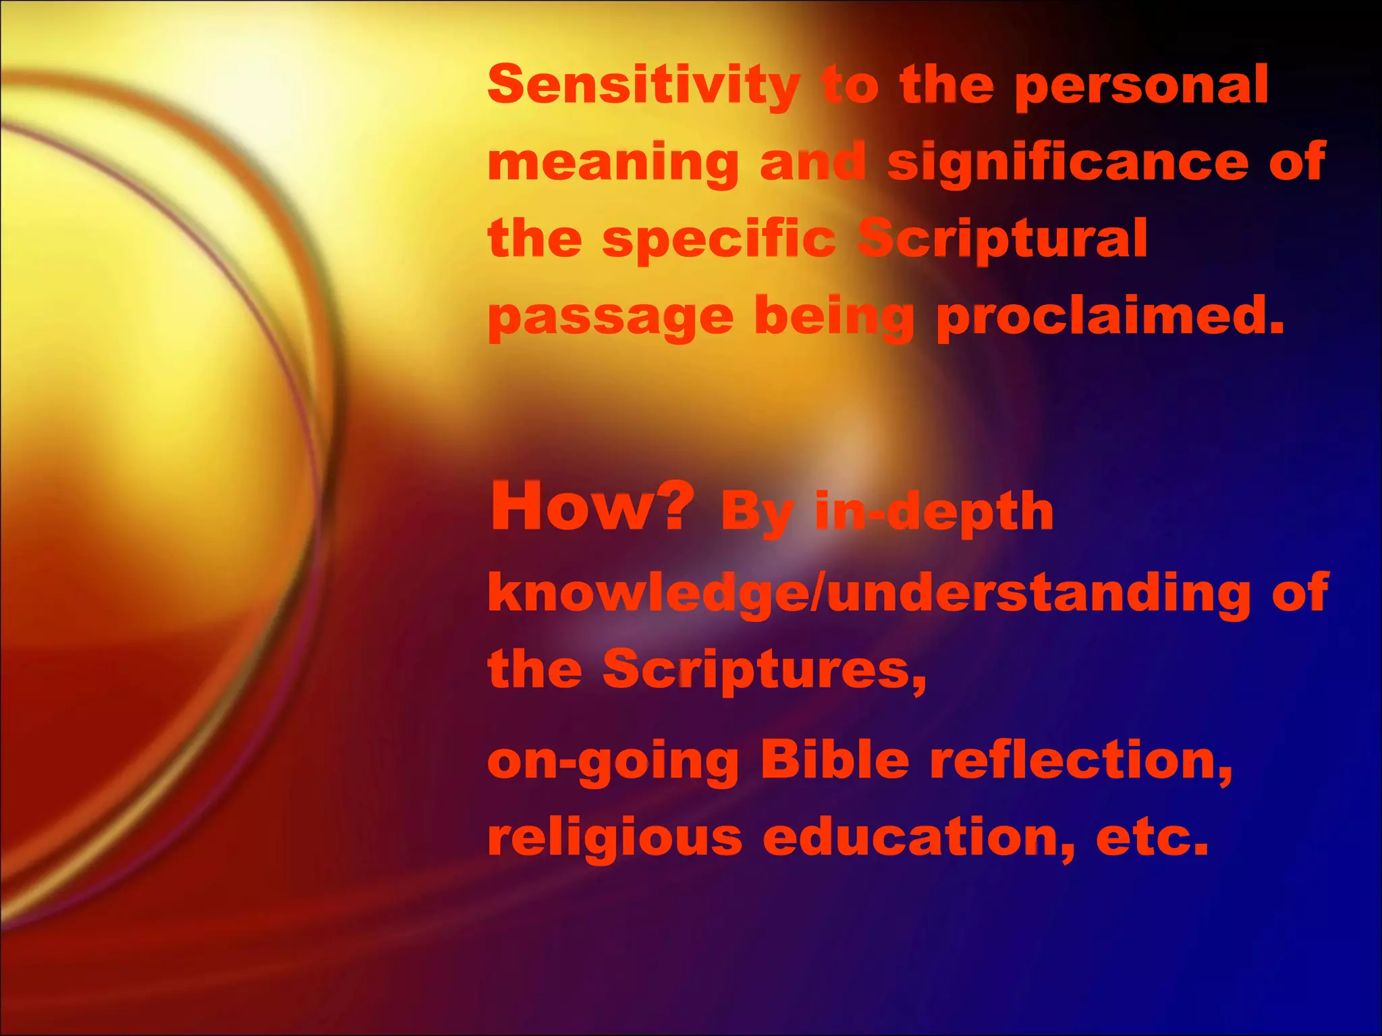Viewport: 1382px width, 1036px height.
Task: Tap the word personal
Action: click(1141, 86)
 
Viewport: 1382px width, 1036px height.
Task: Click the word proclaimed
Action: click(1110, 316)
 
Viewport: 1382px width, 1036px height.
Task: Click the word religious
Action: click(615, 839)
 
